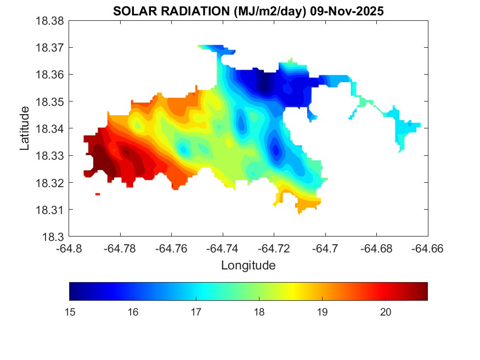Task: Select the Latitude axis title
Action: [25, 128]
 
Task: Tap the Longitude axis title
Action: [248, 266]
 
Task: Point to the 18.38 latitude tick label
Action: [50, 21]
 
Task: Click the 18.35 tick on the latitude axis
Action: [50, 102]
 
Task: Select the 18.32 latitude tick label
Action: [50, 183]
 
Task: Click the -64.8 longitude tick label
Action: [69, 248]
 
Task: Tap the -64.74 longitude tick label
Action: [223, 248]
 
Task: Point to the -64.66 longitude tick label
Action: [427, 248]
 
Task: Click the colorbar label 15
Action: [70, 312]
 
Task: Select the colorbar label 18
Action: [259, 312]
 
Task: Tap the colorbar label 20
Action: [385, 312]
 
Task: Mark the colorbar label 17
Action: [196, 312]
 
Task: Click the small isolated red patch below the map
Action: [98, 194]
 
